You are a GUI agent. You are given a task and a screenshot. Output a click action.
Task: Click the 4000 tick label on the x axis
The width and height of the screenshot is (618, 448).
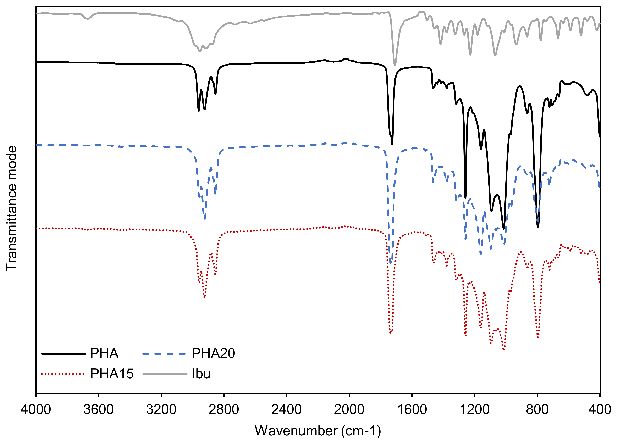tap(36, 410)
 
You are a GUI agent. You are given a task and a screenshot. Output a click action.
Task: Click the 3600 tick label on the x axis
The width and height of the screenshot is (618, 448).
tap(98, 410)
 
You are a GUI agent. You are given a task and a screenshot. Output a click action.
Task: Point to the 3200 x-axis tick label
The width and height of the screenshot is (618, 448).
tap(161, 410)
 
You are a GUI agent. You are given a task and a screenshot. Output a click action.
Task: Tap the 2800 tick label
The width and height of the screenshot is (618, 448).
tap(224, 410)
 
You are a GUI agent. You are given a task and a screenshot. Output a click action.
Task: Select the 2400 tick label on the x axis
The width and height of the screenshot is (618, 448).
tap(286, 410)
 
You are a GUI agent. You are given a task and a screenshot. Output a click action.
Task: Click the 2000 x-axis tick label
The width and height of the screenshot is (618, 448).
tap(349, 410)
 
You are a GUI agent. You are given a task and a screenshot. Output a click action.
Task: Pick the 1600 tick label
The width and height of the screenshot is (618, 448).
tap(412, 410)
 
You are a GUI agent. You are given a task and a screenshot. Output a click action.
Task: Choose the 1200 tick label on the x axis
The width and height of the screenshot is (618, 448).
tap(474, 410)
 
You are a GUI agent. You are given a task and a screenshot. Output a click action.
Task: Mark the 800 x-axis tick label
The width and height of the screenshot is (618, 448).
tap(537, 410)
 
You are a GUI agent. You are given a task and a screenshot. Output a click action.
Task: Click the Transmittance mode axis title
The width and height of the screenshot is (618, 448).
tap(12, 208)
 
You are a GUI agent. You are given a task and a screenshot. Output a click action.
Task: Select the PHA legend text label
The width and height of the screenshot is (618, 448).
tap(104, 353)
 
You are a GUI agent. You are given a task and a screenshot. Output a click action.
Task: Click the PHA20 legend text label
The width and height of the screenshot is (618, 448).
tap(213, 353)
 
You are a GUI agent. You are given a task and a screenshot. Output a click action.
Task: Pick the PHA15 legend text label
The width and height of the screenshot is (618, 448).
tap(112, 374)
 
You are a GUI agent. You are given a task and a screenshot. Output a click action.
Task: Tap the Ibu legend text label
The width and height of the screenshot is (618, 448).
tap(201, 374)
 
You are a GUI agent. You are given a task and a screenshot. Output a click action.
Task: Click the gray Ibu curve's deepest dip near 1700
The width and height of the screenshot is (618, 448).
tap(395, 65)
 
